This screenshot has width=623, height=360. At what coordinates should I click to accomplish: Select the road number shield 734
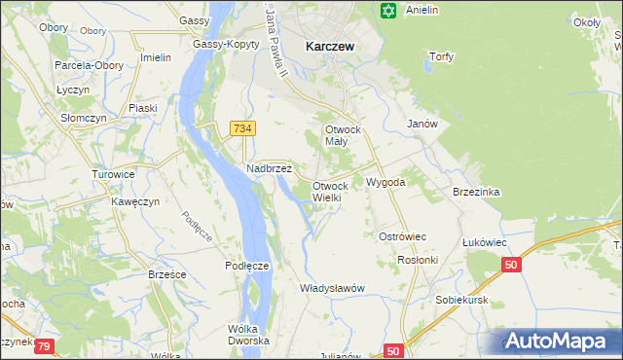click(x=243, y=128)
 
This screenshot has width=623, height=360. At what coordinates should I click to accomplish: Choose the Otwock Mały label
click(x=343, y=135)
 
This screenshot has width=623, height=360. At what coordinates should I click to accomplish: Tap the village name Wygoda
click(x=385, y=182)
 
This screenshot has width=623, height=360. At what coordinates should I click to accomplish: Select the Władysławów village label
click(x=332, y=288)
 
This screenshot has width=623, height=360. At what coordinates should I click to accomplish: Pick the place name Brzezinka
click(x=476, y=192)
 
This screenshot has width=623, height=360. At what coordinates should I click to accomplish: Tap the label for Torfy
click(x=441, y=56)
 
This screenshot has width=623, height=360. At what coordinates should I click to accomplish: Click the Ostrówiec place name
click(x=402, y=236)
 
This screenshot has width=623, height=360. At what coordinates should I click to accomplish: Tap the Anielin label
click(x=422, y=11)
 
